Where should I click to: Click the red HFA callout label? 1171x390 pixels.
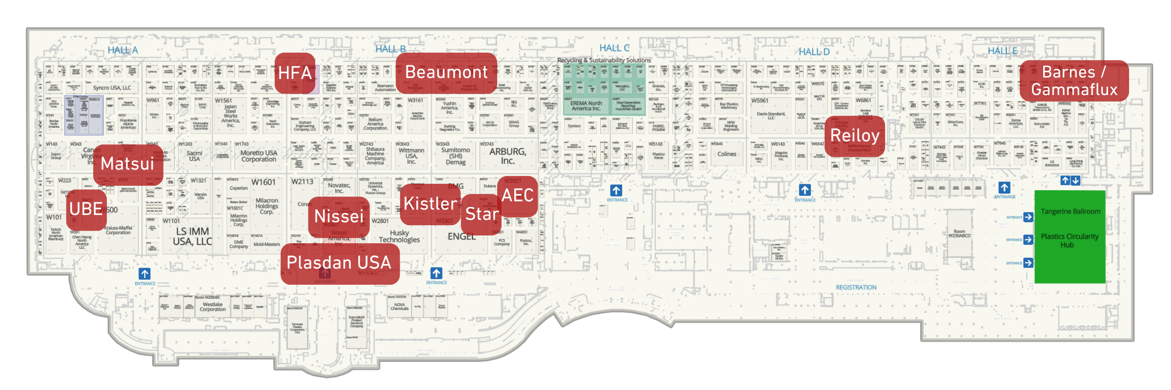295,73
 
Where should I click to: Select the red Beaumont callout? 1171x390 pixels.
446,73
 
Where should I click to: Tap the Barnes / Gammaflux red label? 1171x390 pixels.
1074,81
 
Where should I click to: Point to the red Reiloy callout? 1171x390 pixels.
855,136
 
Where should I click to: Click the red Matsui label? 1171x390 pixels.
127,164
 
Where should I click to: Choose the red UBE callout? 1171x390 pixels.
86,209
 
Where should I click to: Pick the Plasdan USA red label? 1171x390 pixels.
339,263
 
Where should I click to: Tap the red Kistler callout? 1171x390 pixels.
430,204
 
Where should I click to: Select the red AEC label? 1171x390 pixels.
518,195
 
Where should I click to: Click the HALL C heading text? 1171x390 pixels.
614,48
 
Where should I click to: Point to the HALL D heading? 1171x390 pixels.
814,52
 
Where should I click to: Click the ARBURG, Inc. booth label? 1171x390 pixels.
507,156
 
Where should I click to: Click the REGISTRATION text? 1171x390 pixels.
856,288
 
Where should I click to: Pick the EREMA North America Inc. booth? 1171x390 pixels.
586,106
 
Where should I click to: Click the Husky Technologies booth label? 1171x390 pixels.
399,236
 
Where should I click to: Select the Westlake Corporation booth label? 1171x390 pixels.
213,307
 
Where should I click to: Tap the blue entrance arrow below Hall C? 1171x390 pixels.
616,191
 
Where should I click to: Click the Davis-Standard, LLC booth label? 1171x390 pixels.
771,116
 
